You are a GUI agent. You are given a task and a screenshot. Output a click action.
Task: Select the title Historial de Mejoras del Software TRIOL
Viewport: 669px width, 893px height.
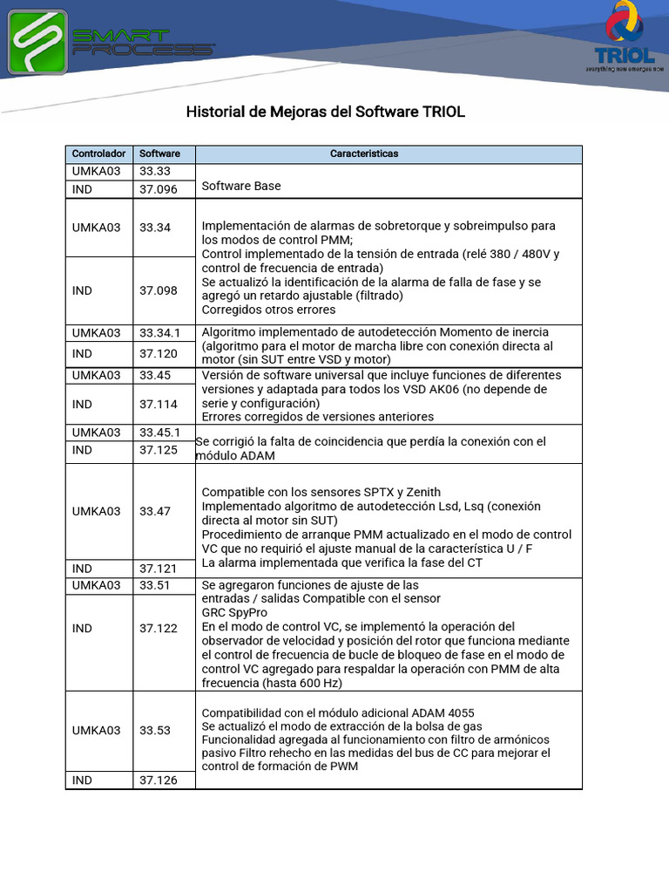pyautogui.click(x=326, y=112)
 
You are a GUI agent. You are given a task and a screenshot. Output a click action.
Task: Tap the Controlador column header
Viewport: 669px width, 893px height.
pyautogui.click(x=98, y=153)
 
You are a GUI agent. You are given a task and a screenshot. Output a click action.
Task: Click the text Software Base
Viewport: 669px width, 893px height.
pyautogui.click(x=241, y=186)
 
